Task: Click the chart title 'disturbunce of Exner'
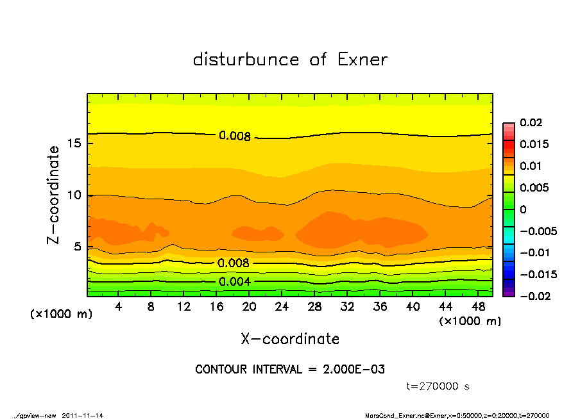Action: pos(290,60)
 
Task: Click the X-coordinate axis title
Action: pos(290,339)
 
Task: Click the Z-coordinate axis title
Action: pos(54,194)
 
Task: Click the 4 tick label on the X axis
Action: pos(118,307)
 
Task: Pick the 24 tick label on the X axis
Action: pos(282,307)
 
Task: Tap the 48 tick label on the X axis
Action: pos(478,307)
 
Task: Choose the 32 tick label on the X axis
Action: pos(347,307)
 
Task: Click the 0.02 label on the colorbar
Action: pos(531,122)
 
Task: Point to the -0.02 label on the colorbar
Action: pos(534,296)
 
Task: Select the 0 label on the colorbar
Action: pos(524,209)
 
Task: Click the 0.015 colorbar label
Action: pos(534,144)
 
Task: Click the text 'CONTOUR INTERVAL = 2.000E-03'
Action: pos(290,370)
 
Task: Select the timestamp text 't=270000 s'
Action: pos(438,386)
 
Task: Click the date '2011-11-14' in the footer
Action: pos(83,415)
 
